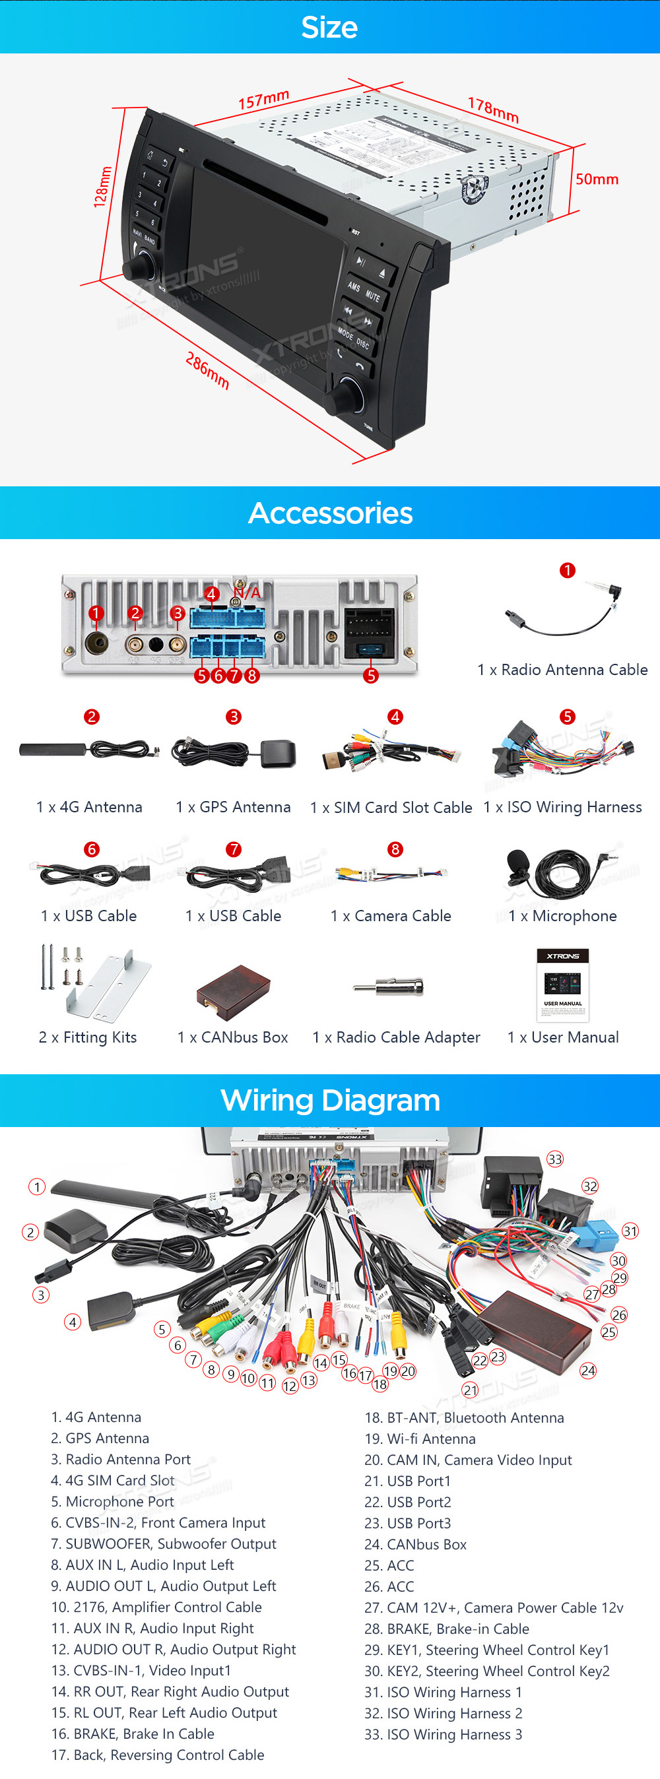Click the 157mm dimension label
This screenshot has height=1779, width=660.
click(263, 100)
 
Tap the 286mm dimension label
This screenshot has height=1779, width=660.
click(207, 370)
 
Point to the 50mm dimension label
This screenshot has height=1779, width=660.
click(597, 179)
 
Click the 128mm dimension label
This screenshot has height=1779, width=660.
click(102, 187)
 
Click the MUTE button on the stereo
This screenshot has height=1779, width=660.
click(373, 296)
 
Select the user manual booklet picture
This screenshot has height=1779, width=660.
click(562, 985)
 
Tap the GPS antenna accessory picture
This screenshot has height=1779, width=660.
click(234, 753)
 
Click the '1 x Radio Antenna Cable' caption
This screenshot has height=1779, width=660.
click(562, 669)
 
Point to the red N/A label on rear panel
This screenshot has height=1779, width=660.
click(247, 593)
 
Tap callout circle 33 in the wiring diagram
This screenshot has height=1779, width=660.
click(555, 1159)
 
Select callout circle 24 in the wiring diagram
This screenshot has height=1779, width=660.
click(588, 1370)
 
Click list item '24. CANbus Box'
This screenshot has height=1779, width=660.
click(415, 1544)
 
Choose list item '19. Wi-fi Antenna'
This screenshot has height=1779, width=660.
click(420, 1439)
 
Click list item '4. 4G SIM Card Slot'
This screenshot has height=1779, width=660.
click(113, 1480)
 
